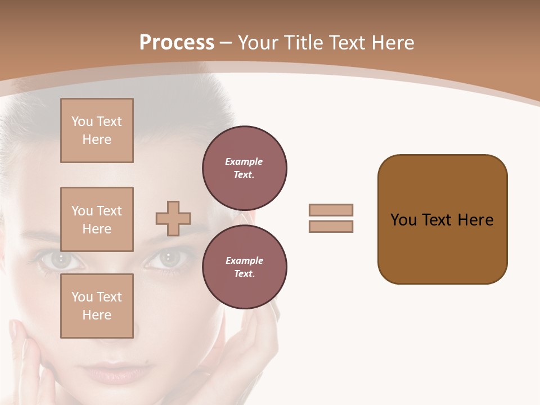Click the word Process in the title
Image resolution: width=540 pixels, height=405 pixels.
click(177, 43)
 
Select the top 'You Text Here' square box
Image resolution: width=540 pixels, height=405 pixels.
click(97, 130)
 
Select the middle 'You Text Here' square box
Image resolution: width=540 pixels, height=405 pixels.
click(97, 219)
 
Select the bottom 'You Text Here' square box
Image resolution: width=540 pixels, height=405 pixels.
click(97, 306)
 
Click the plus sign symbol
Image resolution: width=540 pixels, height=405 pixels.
click(173, 218)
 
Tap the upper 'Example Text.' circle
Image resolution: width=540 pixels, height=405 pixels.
click(244, 168)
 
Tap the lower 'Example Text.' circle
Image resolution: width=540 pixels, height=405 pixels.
click(244, 267)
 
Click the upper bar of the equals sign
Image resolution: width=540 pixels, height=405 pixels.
click(331, 210)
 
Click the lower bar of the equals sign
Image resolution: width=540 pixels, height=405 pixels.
click(331, 226)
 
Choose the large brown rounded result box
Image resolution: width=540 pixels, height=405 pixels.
click(442, 219)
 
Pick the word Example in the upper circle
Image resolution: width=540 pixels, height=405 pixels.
click(244, 161)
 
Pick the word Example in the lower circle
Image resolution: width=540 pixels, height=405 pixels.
click(244, 260)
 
